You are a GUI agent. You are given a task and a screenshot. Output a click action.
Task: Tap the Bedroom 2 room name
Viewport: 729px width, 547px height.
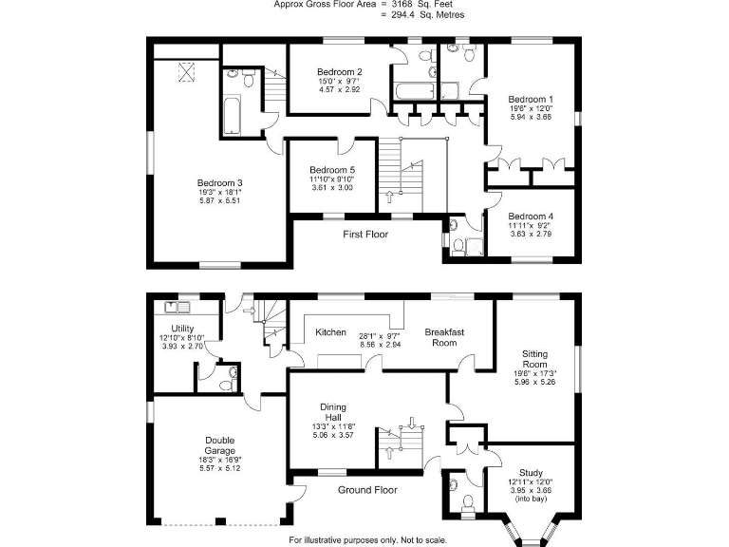tap(339, 72)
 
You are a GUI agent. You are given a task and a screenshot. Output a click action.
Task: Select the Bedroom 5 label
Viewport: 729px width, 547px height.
tap(332, 169)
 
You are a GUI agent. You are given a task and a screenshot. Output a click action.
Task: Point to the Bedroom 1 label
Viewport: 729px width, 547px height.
tap(531, 99)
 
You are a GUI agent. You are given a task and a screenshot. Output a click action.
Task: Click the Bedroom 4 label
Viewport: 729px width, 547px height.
tap(531, 216)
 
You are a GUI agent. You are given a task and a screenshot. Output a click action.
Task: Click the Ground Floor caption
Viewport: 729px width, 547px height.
tap(367, 490)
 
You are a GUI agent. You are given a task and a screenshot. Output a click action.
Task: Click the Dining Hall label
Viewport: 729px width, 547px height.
tap(332, 411)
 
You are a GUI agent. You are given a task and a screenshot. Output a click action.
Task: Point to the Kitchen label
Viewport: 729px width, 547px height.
tap(330, 332)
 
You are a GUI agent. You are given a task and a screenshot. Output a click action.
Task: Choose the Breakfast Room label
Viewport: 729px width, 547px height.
tap(445, 336)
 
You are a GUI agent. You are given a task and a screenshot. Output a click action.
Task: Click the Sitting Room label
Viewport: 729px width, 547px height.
tap(534, 359)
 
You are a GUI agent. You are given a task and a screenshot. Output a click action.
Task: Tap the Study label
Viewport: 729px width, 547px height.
tap(531, 472)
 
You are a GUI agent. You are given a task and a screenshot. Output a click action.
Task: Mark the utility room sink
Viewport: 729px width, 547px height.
tap(177, 307)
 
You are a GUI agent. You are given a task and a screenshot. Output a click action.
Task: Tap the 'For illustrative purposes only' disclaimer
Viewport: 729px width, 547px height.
tap(365, 539)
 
